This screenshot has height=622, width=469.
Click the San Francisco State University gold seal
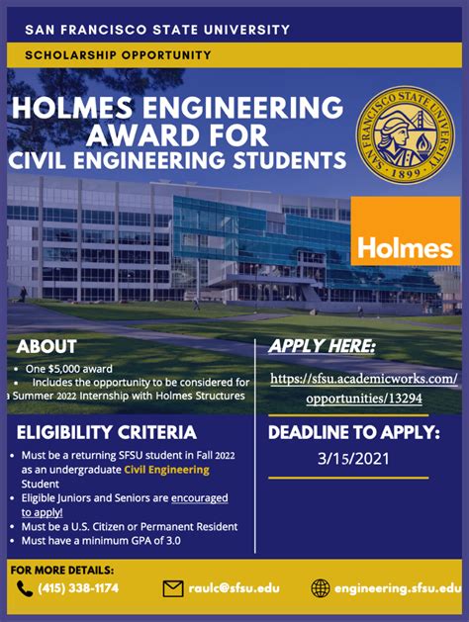click(x=403, y=133)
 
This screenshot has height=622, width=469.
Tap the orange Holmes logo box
click(x=406, y=231)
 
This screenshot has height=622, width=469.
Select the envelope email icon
click(x=173, y=589)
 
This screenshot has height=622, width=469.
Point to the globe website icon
click(x=320, y=589)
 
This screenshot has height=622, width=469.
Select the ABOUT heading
click(x=47, y=347)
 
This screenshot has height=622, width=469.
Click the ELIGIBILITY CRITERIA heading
click(x=107, y=433)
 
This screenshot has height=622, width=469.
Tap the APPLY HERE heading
click(x=323, y=346)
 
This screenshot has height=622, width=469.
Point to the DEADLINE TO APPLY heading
click(x=354, y=432)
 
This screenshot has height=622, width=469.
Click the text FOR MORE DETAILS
click(x=62, y=570)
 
